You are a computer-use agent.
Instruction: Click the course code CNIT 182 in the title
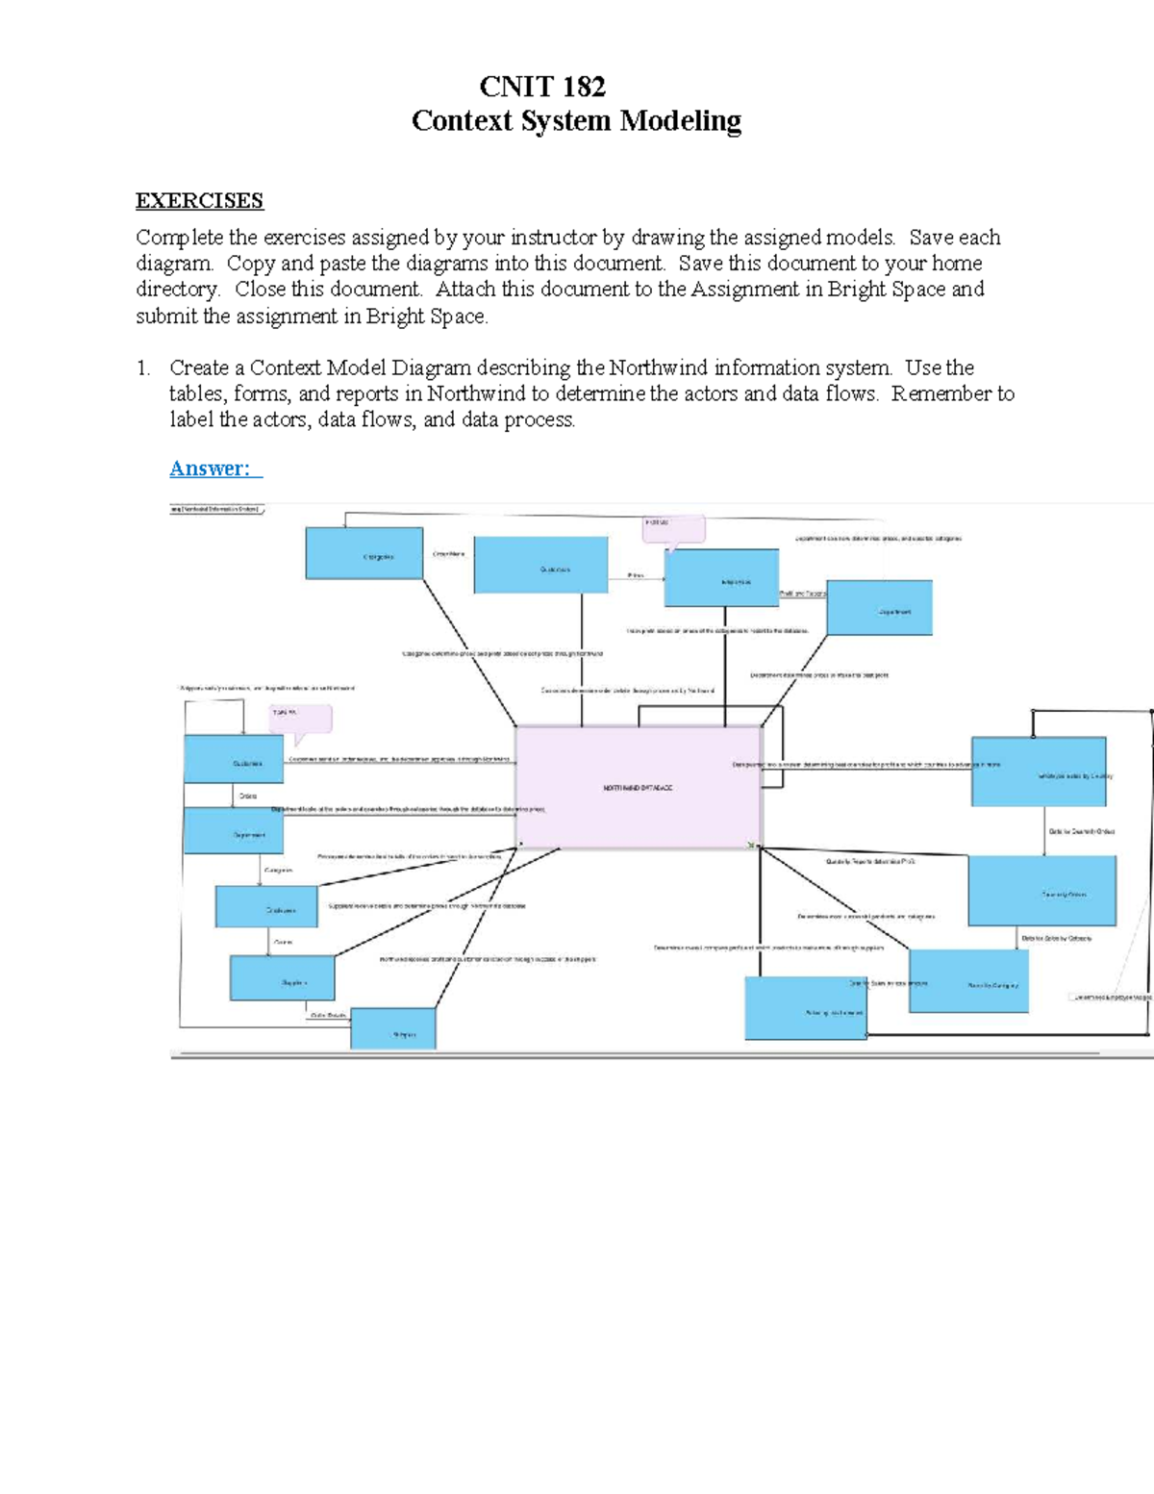542,87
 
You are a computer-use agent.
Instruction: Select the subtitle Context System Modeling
576,121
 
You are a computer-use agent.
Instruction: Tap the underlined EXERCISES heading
199,201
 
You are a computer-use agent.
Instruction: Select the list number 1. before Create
143,367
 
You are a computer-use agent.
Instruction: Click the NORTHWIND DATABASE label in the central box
638,788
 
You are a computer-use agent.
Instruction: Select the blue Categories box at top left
364,554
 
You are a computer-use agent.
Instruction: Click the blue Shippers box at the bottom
393,1030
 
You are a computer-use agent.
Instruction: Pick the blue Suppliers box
283,978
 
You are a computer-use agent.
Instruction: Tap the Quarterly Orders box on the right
1042,891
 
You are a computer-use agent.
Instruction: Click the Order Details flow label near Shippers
329,1016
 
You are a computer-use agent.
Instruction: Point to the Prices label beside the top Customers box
636,575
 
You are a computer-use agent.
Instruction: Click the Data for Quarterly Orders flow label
1081,831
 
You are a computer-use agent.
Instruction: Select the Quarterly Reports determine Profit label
870,862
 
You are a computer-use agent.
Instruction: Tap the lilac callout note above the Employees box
673,526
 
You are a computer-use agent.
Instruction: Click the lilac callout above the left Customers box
300,717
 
